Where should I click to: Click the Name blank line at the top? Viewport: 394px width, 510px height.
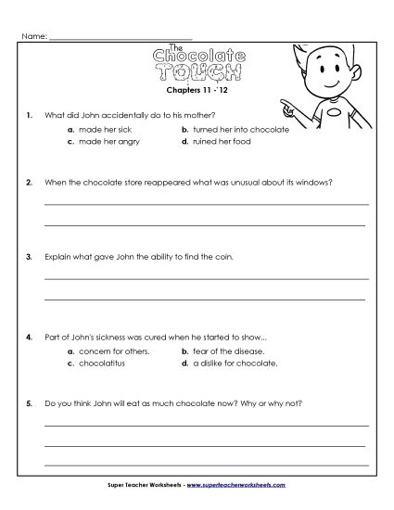point(121,37)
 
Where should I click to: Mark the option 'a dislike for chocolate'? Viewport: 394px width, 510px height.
point(235,363)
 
